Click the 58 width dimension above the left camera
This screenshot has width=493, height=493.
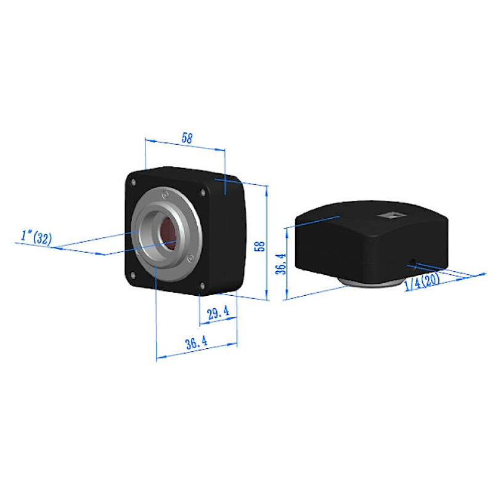coord(187,138)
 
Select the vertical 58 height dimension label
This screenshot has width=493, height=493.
coord(261,246)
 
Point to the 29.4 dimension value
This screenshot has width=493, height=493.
coord(218,313)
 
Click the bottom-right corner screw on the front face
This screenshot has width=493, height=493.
coord(202,285)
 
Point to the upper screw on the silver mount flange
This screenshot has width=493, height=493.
coord(165,194)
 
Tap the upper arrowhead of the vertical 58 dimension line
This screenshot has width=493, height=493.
coord(267,189)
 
